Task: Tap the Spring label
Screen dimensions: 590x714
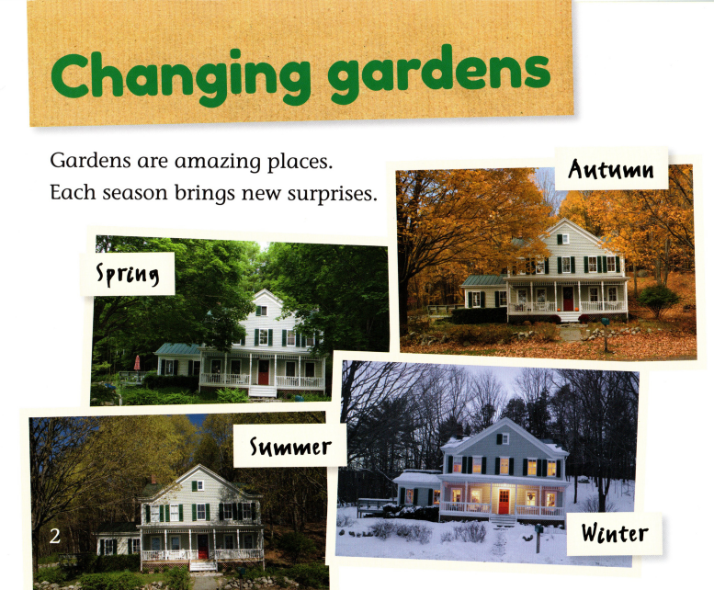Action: pos(134,272)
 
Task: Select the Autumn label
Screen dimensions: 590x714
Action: pos(611,169)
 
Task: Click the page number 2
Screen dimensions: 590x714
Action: pos(55,537)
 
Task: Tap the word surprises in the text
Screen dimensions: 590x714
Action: pos(330,194)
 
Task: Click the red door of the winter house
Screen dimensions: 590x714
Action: pos(503,502)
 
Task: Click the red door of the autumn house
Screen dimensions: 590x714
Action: pos(568,300)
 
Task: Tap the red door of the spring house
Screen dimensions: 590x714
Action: pos(263,373)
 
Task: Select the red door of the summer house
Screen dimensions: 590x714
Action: pos(202,547)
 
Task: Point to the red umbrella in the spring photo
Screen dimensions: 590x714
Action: pos(137,361)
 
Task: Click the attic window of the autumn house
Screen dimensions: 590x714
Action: pos(563,239)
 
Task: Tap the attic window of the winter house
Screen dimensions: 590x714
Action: pos(502,439)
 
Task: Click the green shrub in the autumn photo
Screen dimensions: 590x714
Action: pos(658,299)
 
